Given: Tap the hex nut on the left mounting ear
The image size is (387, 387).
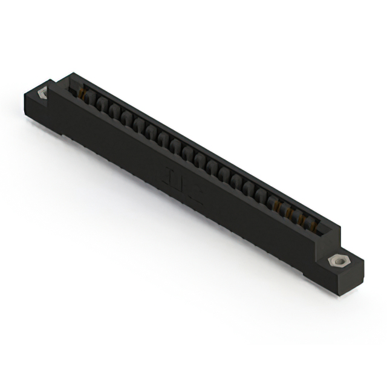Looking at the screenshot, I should (43, 94).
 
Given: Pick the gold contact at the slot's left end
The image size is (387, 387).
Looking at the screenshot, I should (79, 91).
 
